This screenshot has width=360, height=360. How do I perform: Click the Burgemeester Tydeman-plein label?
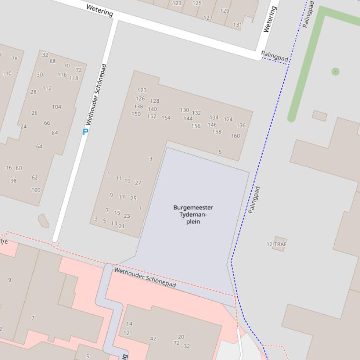coord(193,215)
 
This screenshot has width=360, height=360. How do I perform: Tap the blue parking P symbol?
coord(85,132)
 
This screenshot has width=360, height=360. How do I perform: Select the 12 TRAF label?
coord(276,244)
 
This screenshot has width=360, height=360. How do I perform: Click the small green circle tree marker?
coord(335,72)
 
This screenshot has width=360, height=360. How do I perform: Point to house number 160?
coord(235,136)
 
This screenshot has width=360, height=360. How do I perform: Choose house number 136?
coord(241,125)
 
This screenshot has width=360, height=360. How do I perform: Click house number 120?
coord(142,90)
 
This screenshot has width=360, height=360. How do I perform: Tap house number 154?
coord(166,118)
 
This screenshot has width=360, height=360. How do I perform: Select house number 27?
coord(138,183)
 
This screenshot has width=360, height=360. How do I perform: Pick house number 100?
coord(36,190)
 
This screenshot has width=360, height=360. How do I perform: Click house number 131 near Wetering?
coord(237,25)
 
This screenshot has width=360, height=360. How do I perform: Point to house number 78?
coord(15,58)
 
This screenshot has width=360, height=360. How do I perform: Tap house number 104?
coord(57,107)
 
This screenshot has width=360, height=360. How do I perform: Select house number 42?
coord(153,338)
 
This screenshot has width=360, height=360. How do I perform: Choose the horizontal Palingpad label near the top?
coord(275,57)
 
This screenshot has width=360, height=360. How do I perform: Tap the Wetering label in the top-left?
coord(100,10)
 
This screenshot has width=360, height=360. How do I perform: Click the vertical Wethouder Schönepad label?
coord(96,94)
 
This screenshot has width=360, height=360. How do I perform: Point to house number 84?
coord(55,133)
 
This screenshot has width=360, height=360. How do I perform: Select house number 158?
coord(217,132)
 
